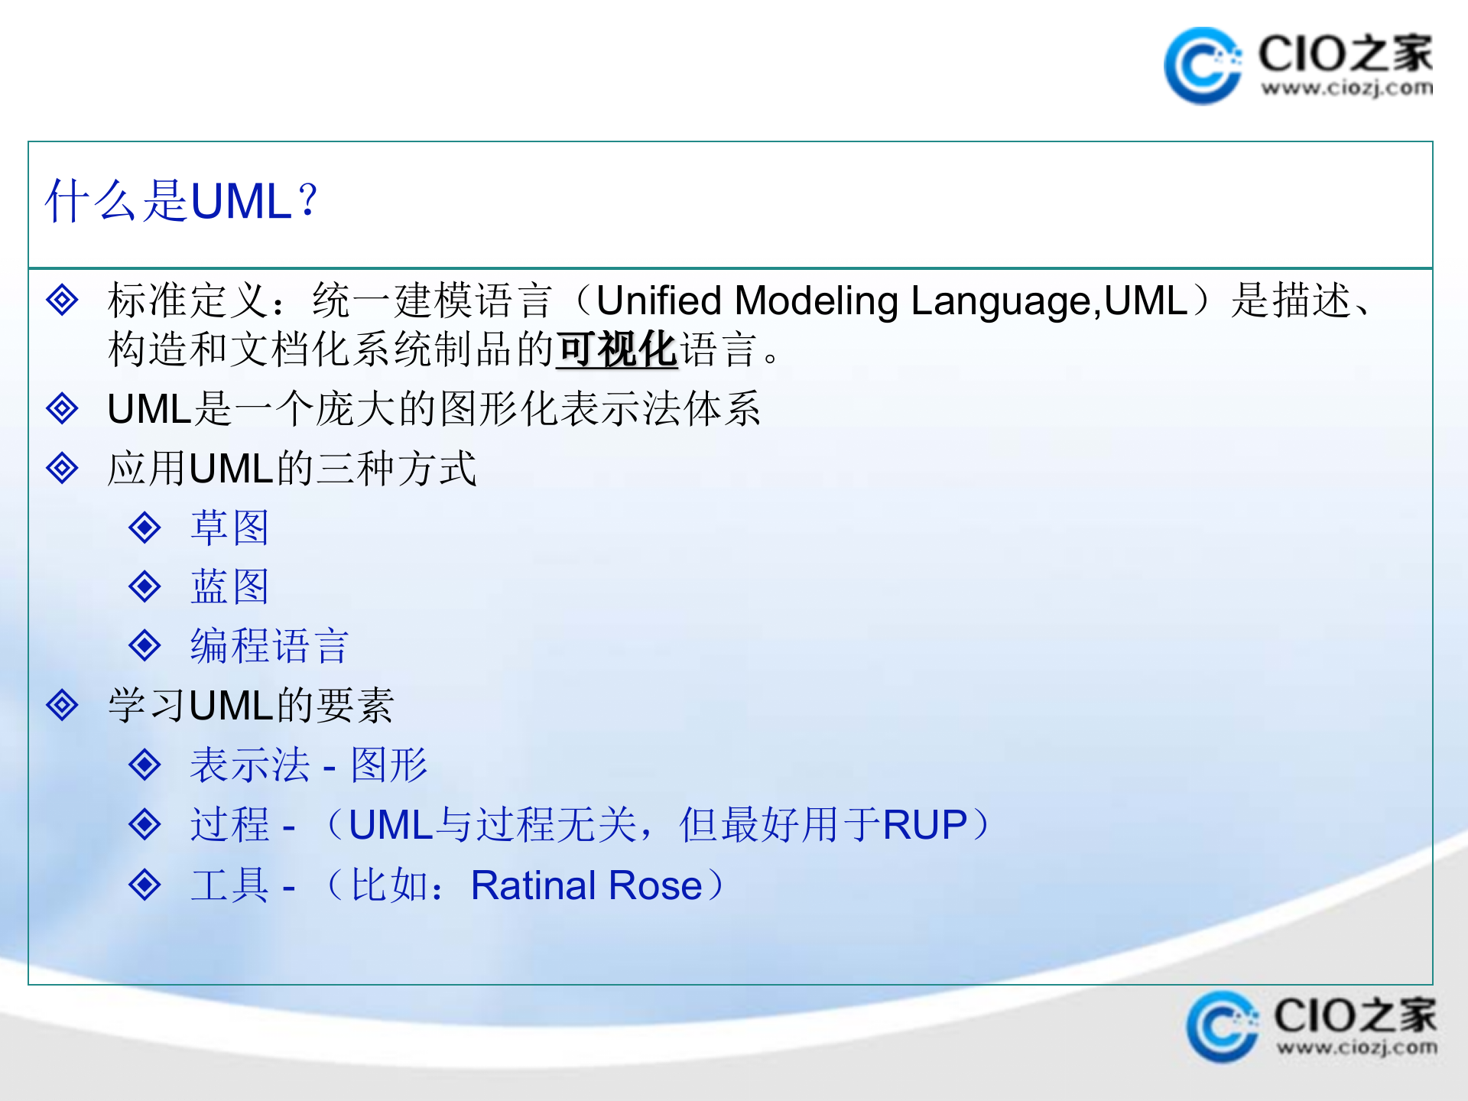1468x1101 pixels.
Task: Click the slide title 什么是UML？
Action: point(181,202)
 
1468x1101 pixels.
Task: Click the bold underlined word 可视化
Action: point(616,350)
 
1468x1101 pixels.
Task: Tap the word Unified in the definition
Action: point(658,300)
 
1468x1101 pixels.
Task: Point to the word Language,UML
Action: point(1048,300)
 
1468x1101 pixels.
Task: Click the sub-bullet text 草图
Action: point(229,528)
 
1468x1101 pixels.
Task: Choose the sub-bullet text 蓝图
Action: point(229,587)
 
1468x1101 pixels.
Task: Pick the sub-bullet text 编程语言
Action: point(269,646)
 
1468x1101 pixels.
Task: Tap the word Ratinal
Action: point(533,885)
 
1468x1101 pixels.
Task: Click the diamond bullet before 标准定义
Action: point(62,300)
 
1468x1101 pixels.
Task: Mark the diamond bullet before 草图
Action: point(145,528)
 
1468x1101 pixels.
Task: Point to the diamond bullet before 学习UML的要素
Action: point(62,705)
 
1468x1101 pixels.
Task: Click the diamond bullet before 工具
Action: point(145,885)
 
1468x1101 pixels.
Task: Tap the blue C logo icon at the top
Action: point(1201,66)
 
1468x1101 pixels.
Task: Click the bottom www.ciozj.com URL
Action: point(1356,1047)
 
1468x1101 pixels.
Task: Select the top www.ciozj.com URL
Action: point(1346,89)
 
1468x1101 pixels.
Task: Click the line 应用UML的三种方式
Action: point(291,469)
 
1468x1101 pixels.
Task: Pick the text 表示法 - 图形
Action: point(308,765)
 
